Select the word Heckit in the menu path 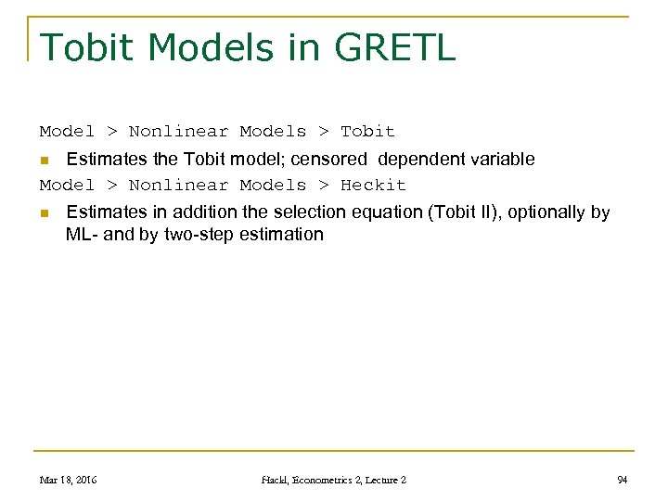(373, 185)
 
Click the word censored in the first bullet (329, 159)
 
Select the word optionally (545, 212)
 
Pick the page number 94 (623, 480)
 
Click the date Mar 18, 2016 (68, 480)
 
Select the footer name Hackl (279, 480)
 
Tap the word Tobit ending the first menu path (367, 131)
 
